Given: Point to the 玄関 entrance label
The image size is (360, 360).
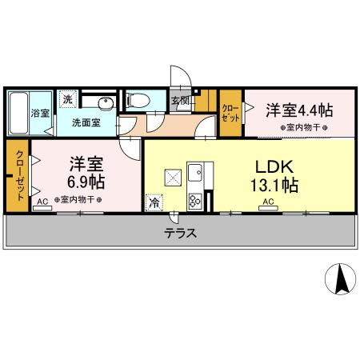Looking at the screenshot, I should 180,101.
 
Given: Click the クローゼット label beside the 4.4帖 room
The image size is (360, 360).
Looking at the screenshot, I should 230,113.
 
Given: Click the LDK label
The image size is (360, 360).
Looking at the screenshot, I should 276,167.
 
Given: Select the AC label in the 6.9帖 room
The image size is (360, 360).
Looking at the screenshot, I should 42,203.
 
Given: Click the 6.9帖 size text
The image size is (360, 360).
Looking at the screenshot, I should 86,182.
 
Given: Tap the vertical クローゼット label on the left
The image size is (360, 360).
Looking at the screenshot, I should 18,176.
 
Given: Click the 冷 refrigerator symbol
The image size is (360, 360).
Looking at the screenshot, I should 153,202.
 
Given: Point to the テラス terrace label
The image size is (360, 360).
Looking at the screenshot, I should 182,234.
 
